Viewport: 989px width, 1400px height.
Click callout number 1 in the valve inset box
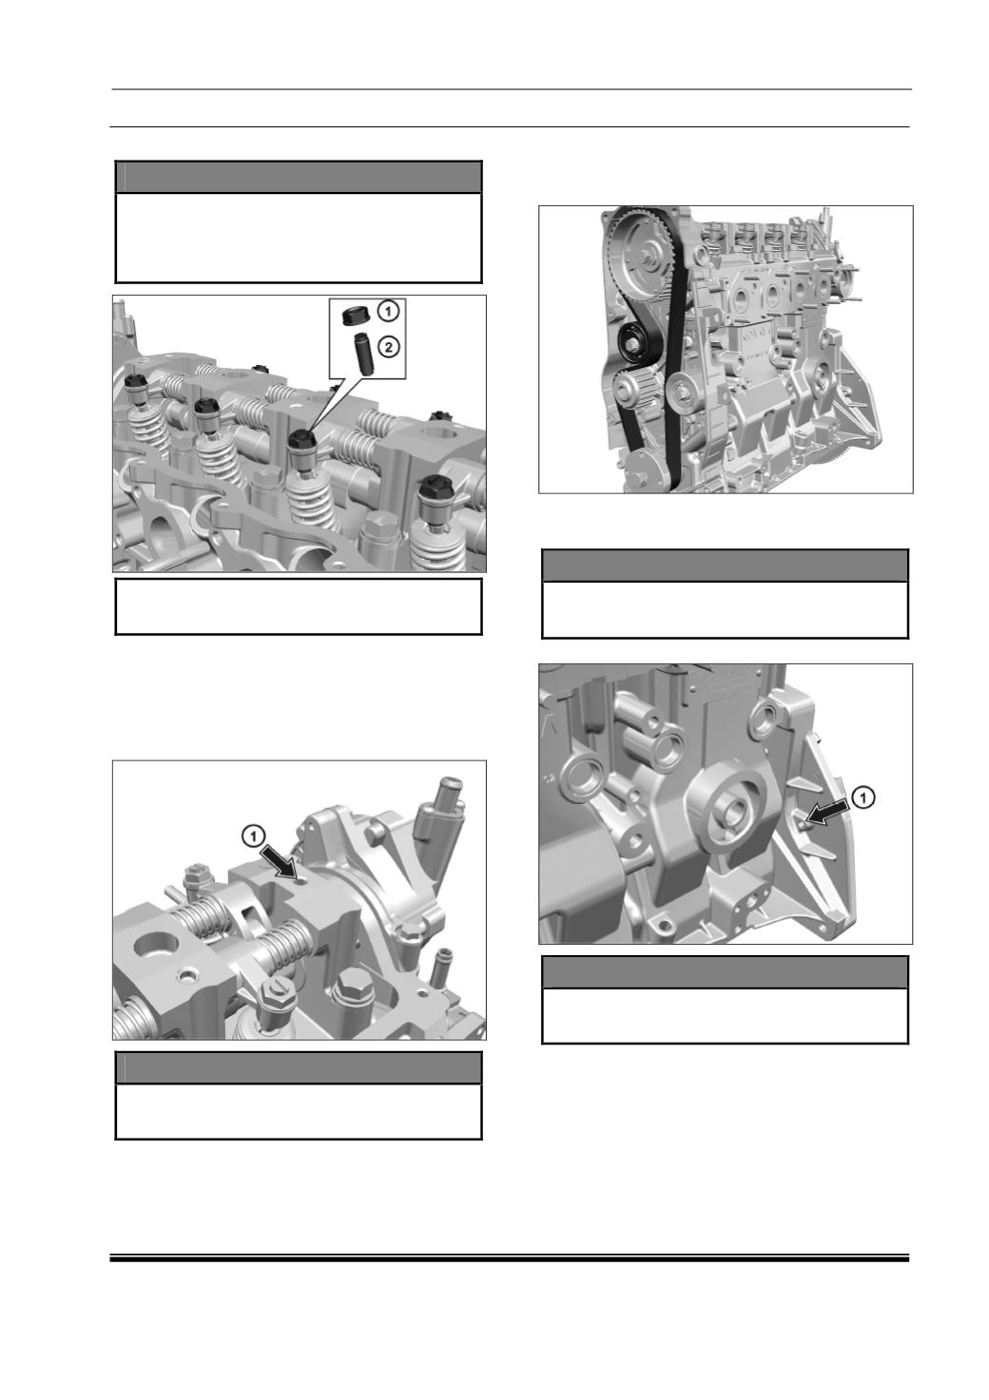pyautogui.click(x=388, y=311)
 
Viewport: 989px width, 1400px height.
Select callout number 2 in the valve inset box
pyautogui.click(x=388, y=346)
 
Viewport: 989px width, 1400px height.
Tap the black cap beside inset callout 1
pyautogui.click(x=355, y=315)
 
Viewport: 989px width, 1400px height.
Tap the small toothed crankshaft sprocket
pyautogui.click(x=633, y=392)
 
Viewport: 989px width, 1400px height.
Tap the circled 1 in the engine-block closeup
pyautogui.click(x=863, y=796)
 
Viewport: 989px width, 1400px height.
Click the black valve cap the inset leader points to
pyautogui.click(x=302, y=440)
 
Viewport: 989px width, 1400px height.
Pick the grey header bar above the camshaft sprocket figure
pyautogui.click(x=725, y=566)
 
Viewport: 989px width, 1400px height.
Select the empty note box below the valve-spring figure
pyautogui.click(x=299, y=606)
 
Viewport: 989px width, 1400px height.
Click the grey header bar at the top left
pyautogui.click(x=299, y=178)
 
